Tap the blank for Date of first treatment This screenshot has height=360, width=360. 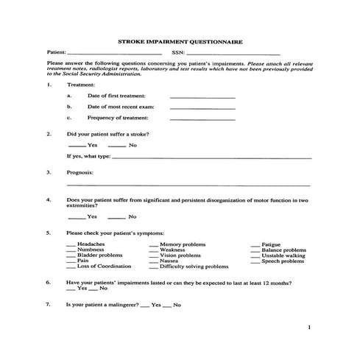click(202, 97)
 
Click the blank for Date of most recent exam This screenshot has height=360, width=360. click(202, 108)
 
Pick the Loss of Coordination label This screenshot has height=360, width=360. click(104, 266)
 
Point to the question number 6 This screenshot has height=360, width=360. click(49, 283)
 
